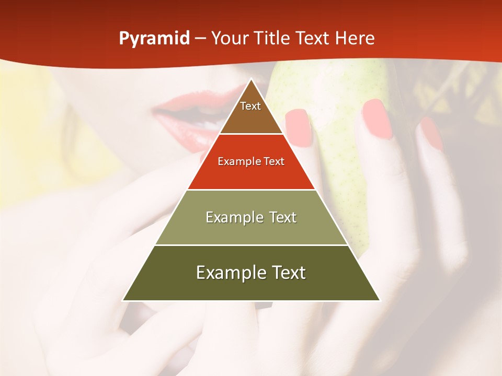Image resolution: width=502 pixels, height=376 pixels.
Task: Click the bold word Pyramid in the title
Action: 154,39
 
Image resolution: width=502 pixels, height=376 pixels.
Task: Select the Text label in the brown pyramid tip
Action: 250,106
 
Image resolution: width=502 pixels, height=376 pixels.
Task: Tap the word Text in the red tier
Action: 274,162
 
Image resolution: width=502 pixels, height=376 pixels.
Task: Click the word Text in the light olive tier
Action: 283,217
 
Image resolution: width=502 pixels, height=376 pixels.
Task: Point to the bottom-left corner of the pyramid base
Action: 123,300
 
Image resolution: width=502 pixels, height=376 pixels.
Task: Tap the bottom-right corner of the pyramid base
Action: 380,300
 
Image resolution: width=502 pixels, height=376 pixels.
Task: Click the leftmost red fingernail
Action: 299,127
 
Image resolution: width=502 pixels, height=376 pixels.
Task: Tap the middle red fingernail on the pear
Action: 377,119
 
